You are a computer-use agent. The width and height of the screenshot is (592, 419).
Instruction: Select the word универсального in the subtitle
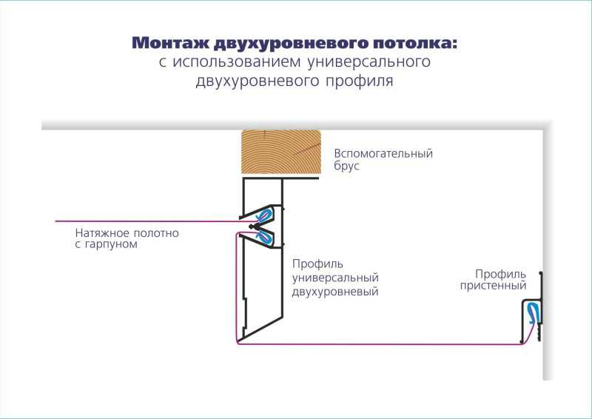(369, 61)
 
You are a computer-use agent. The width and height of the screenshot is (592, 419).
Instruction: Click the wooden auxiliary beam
(281, 152)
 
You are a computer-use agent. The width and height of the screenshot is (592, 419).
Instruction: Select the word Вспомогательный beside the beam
(383, 153)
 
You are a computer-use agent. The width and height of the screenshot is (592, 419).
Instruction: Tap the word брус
(346, 167)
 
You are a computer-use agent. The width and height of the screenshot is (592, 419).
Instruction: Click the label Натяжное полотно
(127, 232)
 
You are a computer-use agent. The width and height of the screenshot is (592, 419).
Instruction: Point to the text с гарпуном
(106, 244)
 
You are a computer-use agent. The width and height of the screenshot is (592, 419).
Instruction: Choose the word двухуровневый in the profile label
(335, 292)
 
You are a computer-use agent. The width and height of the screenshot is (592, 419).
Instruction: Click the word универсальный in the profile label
(335, 278)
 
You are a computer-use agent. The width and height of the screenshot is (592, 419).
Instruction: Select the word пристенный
(493, 286)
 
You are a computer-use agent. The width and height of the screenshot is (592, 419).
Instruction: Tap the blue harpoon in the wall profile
(532, 313)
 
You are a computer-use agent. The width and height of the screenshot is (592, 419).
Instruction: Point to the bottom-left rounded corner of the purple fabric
(238, 342)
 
